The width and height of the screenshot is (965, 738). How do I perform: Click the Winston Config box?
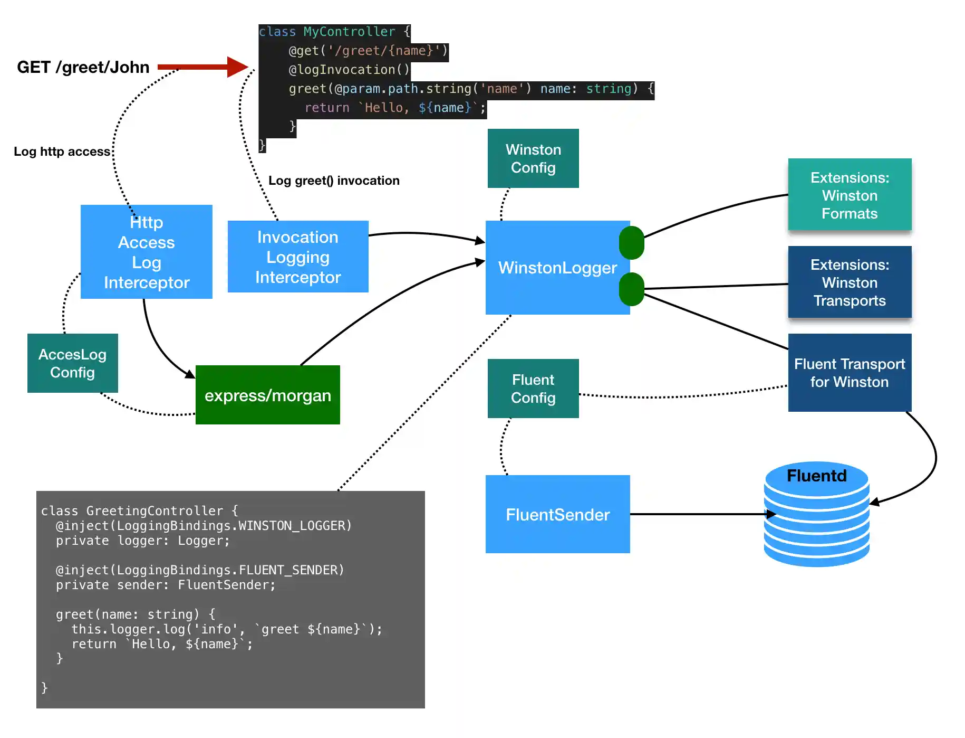point(533,158)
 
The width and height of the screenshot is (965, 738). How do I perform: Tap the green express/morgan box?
point(267,395)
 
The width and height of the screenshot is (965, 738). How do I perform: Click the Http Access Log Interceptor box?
point(146,252)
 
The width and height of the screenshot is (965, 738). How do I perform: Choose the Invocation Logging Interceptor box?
point(297,257)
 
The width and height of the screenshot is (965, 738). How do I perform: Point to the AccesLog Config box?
point(72,363)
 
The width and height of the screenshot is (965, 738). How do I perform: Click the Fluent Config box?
point(533,389)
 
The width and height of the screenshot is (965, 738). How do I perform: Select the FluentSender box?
point(557,514)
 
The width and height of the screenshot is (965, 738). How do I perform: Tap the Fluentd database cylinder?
point(816,515)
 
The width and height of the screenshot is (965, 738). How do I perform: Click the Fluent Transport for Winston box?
point(849,373)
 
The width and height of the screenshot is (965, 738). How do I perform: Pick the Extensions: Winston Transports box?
point(849,282)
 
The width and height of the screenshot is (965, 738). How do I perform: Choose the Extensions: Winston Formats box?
point(849,195)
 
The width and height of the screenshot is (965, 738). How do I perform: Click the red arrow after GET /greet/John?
point(203,67)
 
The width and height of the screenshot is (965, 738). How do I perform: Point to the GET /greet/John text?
point(83,67)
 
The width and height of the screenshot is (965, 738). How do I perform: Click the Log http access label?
point(62,152)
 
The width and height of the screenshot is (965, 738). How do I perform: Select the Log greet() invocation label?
point(334,181)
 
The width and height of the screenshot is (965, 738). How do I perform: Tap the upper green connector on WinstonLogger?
point(631,243)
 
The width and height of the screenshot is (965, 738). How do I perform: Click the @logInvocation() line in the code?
point(349,70)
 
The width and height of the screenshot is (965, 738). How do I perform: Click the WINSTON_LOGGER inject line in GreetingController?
point(204,526)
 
